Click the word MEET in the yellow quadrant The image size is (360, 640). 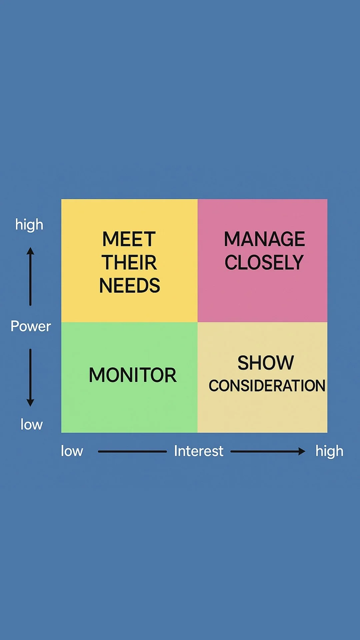[x=129, y=239]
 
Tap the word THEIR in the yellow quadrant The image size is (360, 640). [x=129, y=262]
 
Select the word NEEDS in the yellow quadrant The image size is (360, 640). [x=130, y=286]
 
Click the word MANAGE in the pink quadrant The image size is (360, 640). [x=264, y=239]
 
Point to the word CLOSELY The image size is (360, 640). [x=264, y=262]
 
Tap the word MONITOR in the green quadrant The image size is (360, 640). [x=132, y=375]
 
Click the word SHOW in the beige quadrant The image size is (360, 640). [x=266, y=363]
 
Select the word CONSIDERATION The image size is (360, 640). [x=267, y=386]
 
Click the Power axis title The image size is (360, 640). [x=31, y=326]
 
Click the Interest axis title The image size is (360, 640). [x=199, y=451]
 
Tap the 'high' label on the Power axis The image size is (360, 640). [x=29, y=225]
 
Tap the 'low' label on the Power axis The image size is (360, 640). [x=32, y=425]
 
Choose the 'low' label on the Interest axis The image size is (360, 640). [x=72, y=451]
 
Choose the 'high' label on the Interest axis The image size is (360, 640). [x=329, y=451]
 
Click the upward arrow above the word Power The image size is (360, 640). [x=30, y=277]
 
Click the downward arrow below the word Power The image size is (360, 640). [x=30, y=377]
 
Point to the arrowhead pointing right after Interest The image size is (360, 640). [x=302, y=451]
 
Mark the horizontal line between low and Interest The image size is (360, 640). [x=132, y=451]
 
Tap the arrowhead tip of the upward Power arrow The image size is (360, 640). [x=30, y=248]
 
